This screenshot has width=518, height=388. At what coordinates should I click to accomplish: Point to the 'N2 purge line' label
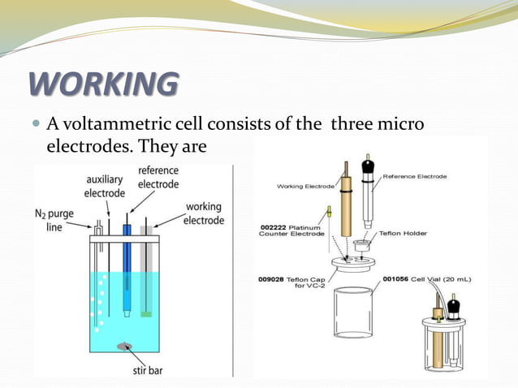55,220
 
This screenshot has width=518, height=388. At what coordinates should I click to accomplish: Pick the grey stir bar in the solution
125,346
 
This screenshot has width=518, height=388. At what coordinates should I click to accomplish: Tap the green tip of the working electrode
146,313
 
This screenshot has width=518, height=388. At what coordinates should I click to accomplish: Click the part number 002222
276,227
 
